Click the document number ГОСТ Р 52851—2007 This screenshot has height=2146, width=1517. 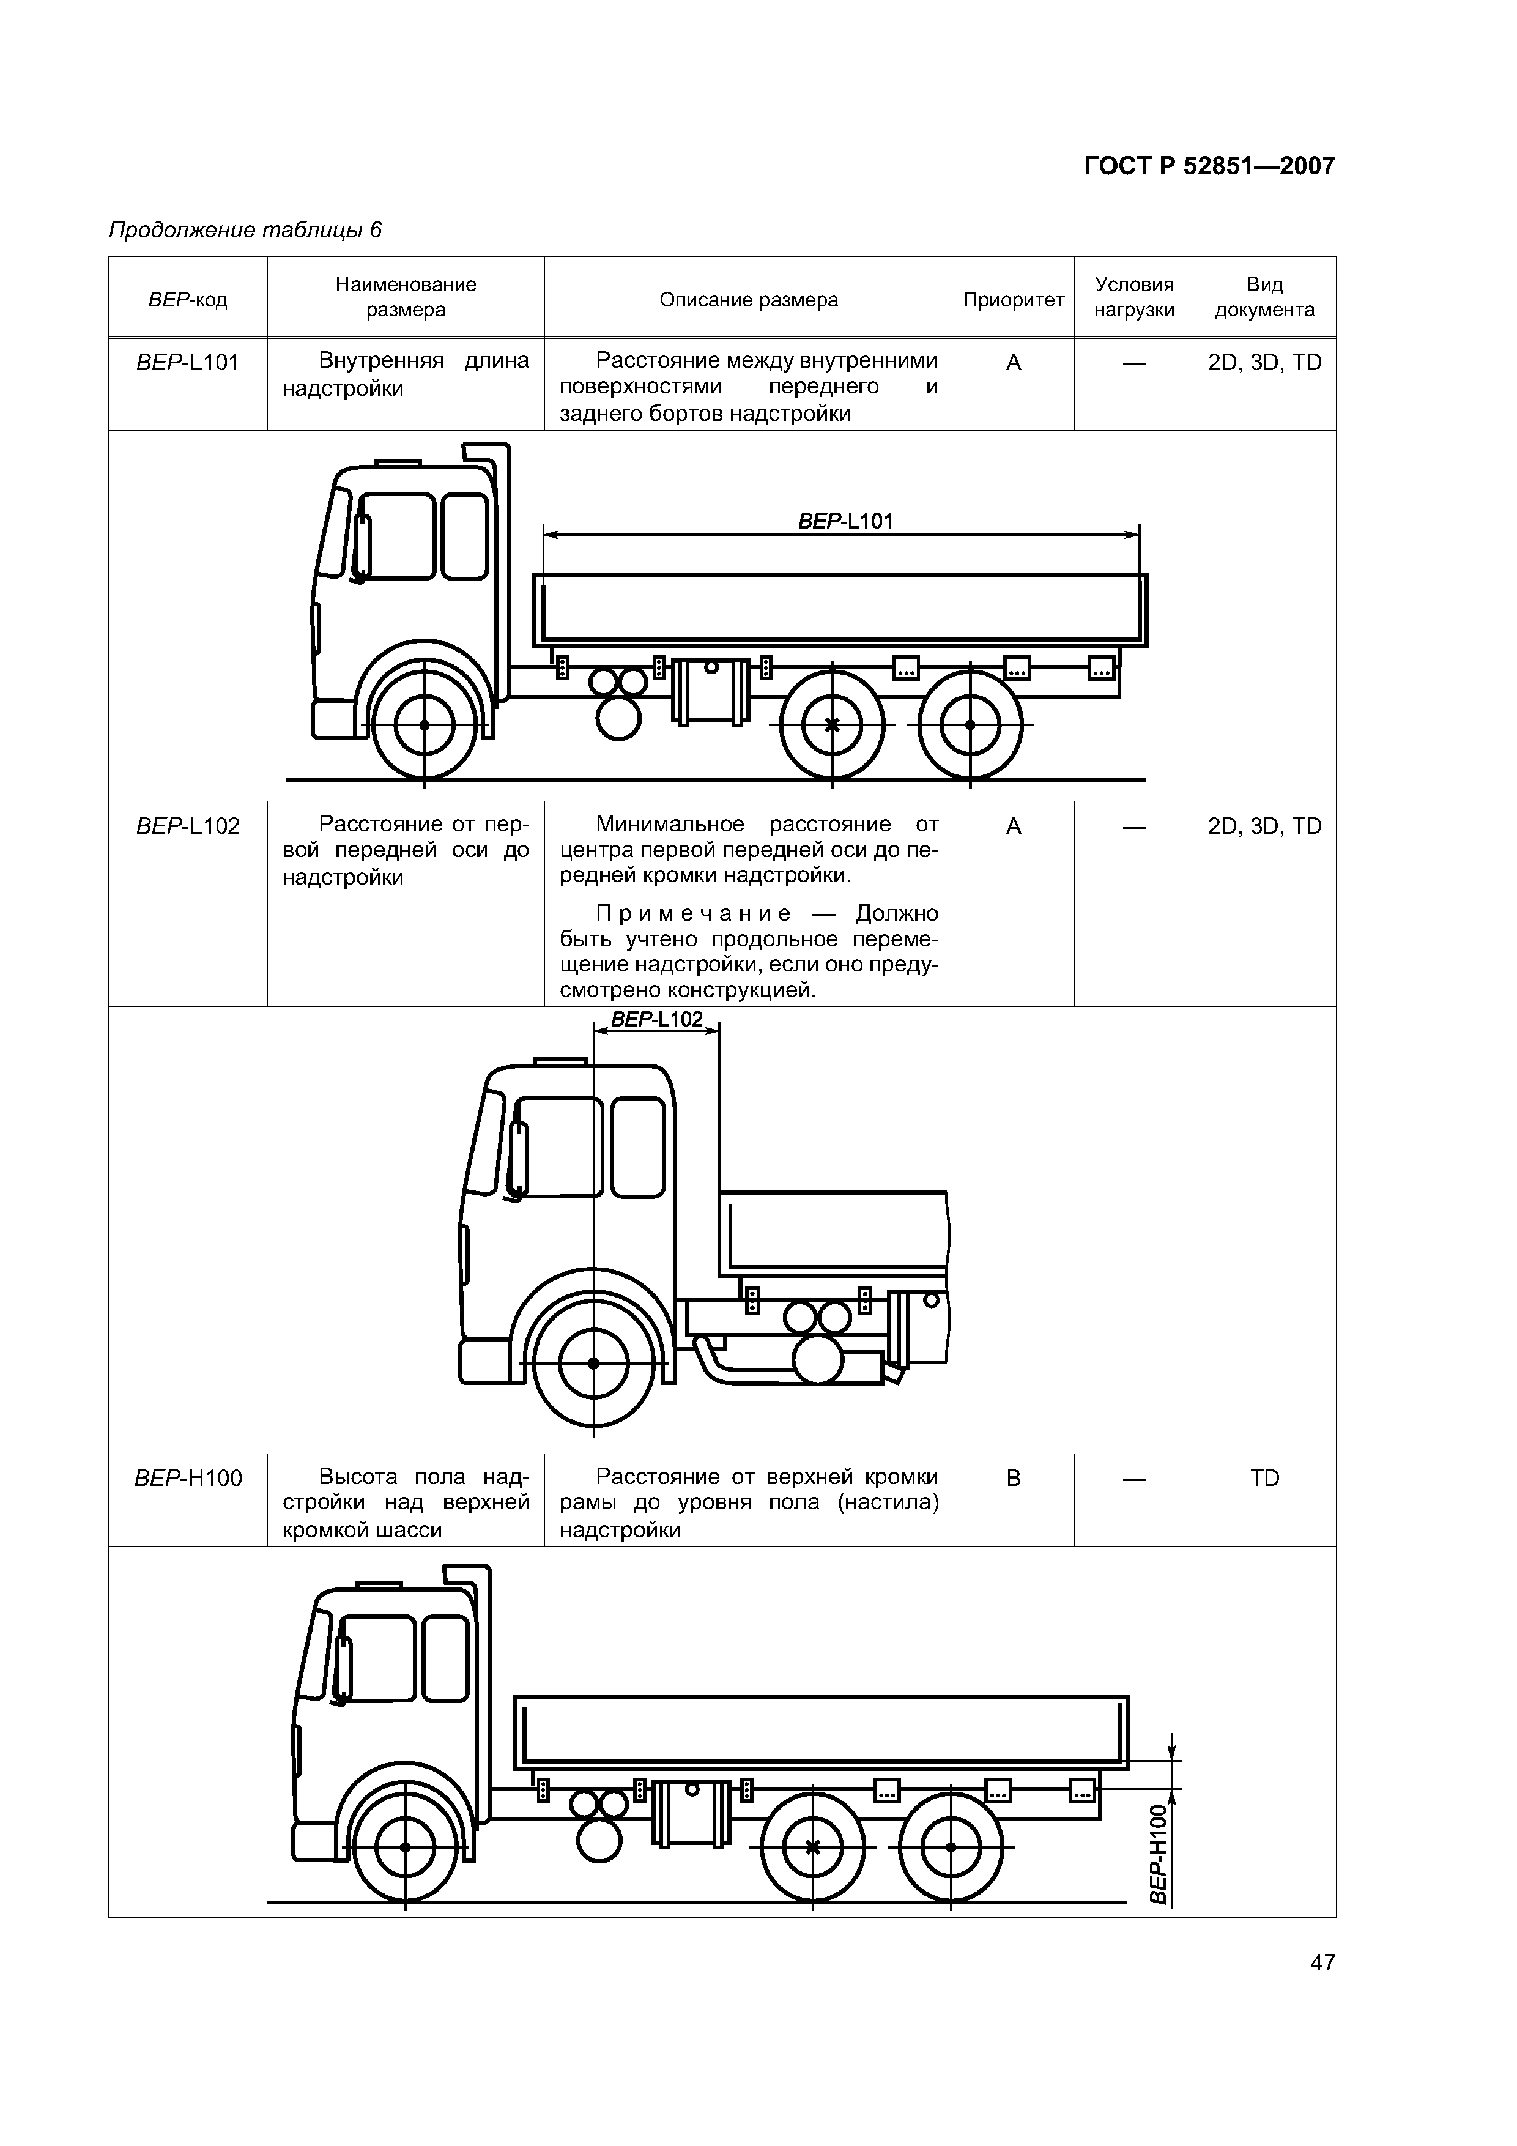(1209, 166)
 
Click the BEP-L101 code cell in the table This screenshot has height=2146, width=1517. (188, 363)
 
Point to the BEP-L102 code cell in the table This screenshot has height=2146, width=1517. (188, 826)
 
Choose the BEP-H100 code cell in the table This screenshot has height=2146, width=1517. (188, 1478)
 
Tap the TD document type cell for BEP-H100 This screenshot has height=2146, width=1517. (1264, 1478)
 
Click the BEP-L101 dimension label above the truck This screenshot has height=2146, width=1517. (845, 521)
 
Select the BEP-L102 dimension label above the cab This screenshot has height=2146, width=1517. (656, 1019)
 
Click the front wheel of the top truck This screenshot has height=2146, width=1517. (425, 726)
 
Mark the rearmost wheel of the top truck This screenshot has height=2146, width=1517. (970, 726)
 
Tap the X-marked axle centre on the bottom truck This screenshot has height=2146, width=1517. (812, 1847)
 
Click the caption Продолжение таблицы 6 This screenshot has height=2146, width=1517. (245, 230)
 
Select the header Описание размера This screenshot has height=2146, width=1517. (749, 300)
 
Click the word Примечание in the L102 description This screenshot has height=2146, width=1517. (694, 913)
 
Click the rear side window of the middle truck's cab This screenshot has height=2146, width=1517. (639, 1147)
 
